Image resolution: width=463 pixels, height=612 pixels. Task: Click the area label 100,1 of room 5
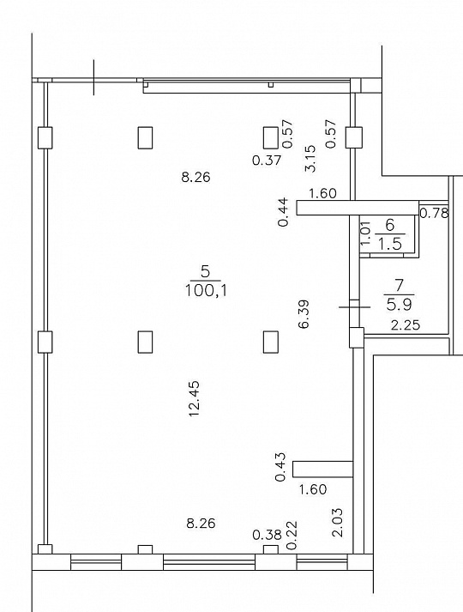click(x=206, y=290)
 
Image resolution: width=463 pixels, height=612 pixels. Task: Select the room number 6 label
click(x=390, y=225)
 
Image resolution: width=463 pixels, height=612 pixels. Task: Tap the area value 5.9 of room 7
click(x=399, y=304)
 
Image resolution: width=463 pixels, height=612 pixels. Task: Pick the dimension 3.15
click(x=310, y=159)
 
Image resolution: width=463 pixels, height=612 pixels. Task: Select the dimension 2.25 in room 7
click(x=406, y=324)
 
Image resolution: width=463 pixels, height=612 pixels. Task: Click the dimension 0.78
click(x=434, y=213)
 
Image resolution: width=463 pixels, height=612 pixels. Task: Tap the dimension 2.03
click(x=338, y=522)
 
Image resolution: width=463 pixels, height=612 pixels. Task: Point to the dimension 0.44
click(x=285, y=212)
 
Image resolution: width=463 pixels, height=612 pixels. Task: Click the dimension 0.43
click(x=280, y=467)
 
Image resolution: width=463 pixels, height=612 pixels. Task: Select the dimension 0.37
click(x=267, y=160)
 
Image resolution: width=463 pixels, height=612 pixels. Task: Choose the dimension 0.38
click(x=267, y=535)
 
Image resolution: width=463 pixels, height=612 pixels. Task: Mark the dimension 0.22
click(x=292, y=536)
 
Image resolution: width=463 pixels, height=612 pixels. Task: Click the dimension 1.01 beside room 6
click(x=365, y=233)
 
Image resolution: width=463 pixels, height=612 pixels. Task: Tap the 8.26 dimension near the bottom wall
click(x=201, y=523)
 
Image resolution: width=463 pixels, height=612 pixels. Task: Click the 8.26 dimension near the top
click(x=196, y=178)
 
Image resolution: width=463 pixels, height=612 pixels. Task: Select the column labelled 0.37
click(x=270, y=137)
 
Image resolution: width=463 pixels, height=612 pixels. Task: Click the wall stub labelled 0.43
click(x=322, y=470)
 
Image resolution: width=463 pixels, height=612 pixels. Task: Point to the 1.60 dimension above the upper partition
click(x=322, y=193)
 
